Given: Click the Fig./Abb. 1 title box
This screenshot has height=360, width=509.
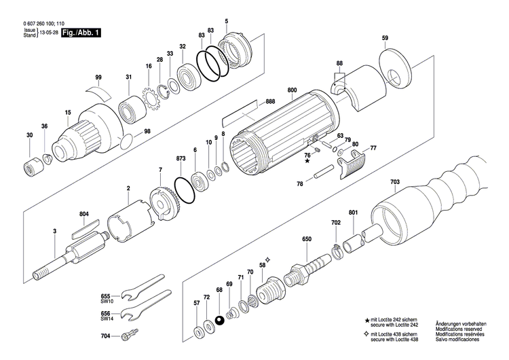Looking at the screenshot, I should pos(80,32).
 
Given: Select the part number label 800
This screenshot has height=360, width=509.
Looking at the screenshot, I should pos(293,90).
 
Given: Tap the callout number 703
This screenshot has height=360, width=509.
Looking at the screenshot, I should pos(395,182).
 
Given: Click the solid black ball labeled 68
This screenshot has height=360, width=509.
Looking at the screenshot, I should pos(219,321).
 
